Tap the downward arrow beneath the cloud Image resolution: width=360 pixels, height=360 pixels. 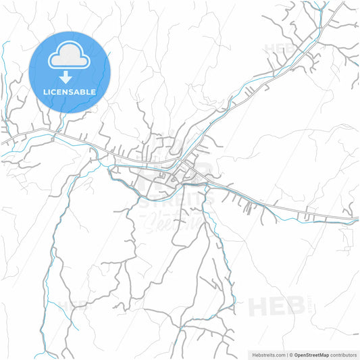click(x=70, y=77)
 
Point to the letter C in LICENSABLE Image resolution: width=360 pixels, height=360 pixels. click(x=56, y=91)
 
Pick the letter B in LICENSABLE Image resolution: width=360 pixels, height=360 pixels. click(x=86, y=91)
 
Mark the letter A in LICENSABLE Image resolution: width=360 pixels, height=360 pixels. click(x=79, y=91)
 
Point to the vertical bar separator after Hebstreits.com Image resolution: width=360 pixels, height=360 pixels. click(x=286, y=354)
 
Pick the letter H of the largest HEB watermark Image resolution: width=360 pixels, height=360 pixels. click(x=259, y=307)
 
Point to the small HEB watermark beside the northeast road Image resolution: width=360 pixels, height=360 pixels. click(x=280, y=49)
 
